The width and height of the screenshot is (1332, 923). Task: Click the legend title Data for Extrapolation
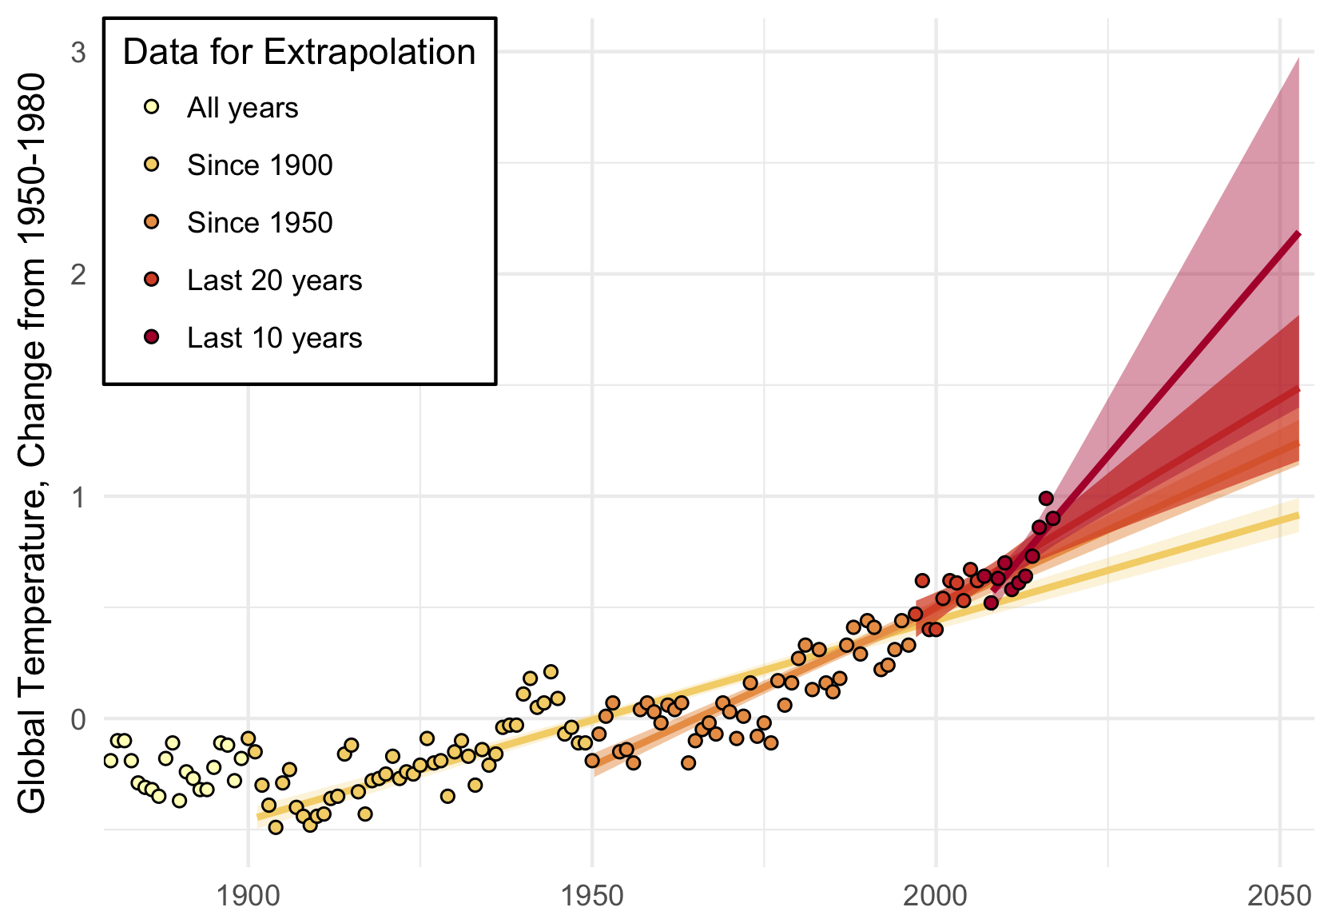(x=299, y=53)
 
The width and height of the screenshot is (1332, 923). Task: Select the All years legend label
(x=242, y=108)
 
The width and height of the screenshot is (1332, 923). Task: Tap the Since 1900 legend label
(x=260, y=165)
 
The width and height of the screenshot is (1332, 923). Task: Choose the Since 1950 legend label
(x=260, y=223)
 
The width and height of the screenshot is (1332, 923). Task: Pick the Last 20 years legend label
(x=274, y=280)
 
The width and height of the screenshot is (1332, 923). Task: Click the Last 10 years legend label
(x=274, y=338)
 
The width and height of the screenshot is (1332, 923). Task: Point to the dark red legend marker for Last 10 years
(x=152, y=337)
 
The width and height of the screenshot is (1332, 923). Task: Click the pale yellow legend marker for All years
(x=152, y=107)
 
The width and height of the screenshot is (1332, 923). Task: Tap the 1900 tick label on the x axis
(x=249, y=896)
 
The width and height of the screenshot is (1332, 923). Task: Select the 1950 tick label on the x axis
(x=592, y=896)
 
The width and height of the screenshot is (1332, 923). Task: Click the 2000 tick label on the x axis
(x=936, y=896)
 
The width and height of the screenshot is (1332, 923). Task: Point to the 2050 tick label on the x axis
(x=1279, y=896)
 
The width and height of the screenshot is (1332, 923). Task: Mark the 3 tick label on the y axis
(x=78, y=53)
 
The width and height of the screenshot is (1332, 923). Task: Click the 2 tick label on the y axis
(x=78, y=274)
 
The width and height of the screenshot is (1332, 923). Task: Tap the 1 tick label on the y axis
(x=78, y=496)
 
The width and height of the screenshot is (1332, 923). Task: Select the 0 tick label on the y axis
(x=78, y=718)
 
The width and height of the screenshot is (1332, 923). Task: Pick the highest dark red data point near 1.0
(x=1046, y=499)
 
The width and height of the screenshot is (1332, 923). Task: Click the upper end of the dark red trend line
(x=1298, y=233)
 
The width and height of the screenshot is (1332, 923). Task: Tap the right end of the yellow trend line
(x=1298, y=516)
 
